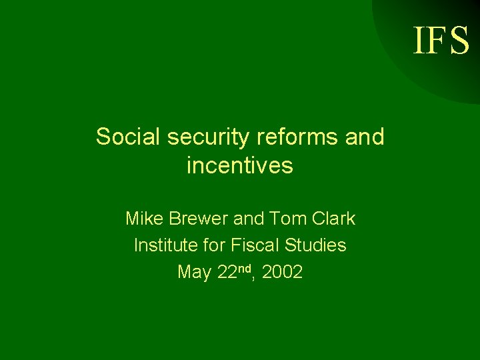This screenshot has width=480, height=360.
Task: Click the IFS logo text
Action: pos(441,40)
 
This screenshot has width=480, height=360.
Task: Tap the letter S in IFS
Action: pos(459,40)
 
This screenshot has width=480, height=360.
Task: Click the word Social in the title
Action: pos(128,137)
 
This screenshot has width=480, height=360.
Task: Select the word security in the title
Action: pos(206,137)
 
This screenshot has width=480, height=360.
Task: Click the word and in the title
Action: pos(365,137)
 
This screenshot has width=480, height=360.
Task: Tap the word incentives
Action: pos(240,165)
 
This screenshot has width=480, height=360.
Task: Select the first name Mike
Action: pos(145,218)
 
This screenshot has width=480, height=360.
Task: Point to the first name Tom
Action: pos(287,218)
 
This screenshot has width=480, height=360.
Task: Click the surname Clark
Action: pos(333,218)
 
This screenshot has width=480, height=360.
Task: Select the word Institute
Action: pos(163,245)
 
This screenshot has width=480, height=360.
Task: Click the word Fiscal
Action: pos(253,245)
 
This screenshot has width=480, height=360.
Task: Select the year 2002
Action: pos(283,273)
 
